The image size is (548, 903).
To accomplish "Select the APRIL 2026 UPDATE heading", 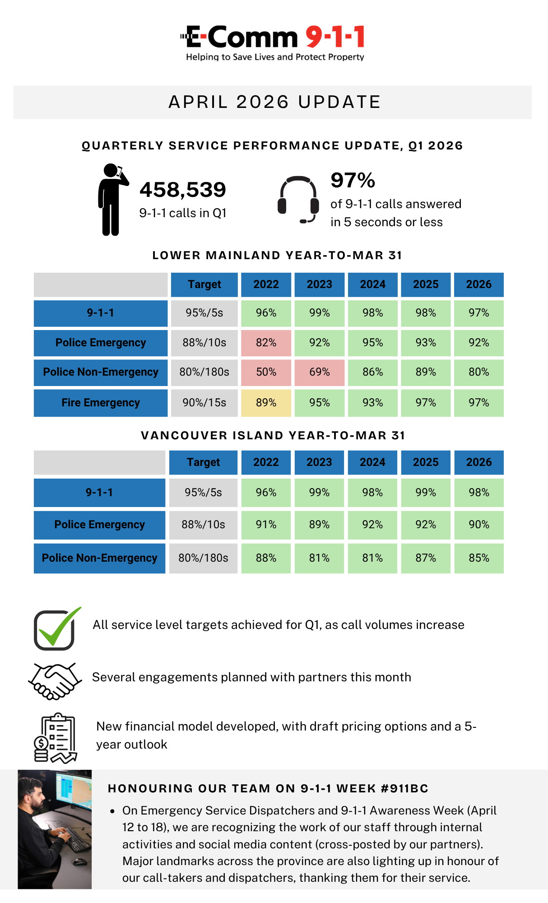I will pyautogui.click(x=274, y=102).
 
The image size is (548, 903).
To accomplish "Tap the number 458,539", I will pyautogui.click(x=183, y=190).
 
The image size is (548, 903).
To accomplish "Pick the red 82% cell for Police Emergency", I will pyautogui.click(x=266, y=343).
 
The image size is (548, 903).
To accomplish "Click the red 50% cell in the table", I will pyautogui.click(x=266, y=372).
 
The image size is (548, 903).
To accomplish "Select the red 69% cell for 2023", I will pyautogui.click(x=319, y=372).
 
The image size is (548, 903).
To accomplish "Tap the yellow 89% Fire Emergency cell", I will pyautogui.click(x=266, y=403).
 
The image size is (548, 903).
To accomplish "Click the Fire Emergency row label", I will pyautogui.click(x=101, y=403).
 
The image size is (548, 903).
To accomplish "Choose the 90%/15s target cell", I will pyautogui.click(x=204, y=403).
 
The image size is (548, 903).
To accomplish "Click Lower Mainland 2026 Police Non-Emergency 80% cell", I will pyautogui.click(x=478, y=372).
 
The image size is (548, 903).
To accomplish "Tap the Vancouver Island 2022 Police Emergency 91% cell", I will pyautogui.click(x=266, y=525).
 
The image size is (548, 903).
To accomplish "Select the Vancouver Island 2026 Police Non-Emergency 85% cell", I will pyautogui.click(x=478, y=558).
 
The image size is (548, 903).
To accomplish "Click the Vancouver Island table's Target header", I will pyautogui.click(x=203, y=462).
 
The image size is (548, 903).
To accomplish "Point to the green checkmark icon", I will pyautogui.click(x=57, y=628).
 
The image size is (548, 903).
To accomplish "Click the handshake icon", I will pyautogui.click(x=55, y=680).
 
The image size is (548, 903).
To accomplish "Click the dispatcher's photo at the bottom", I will pyautogui.click(x=55, y=829).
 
